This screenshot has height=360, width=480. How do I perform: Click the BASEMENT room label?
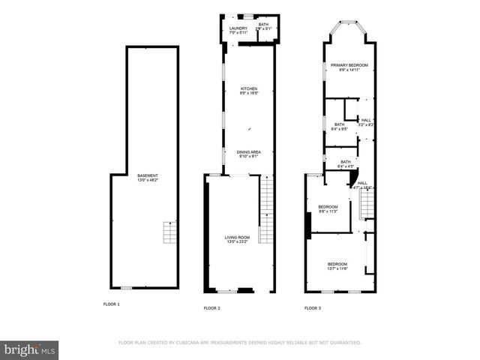147,178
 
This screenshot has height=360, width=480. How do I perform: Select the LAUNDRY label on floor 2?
238,29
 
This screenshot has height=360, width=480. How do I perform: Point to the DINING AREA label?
249,154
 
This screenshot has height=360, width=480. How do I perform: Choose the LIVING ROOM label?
237,239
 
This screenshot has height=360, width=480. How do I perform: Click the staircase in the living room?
266,209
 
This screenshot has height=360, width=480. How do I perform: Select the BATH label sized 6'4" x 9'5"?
340,126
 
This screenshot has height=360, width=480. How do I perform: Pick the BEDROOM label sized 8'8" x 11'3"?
328,208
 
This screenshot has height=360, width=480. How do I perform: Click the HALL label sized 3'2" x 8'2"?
366,122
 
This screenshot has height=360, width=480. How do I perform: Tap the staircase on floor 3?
367,202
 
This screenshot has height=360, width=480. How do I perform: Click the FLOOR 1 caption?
111,304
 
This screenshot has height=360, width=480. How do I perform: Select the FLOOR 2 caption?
212,307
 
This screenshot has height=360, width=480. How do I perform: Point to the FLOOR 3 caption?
312,307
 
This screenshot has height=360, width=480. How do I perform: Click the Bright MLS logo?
29,349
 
